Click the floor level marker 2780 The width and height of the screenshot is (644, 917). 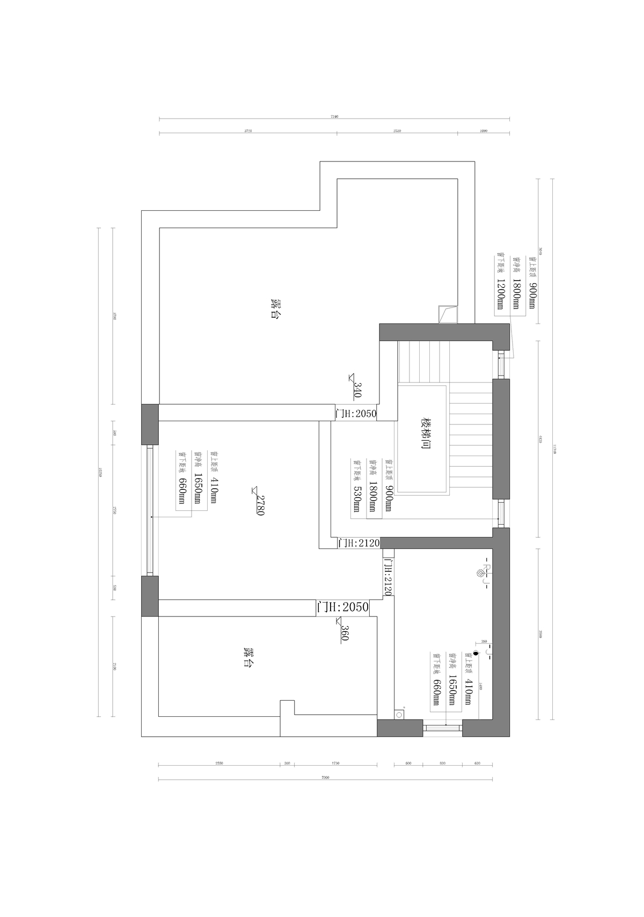[259, 504]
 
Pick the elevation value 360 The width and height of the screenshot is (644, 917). [344, 633]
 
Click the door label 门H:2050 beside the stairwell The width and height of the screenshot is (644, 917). [356, 414]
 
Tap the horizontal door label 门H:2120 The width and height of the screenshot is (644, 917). [358, 543]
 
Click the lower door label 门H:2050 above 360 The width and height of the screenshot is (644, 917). [342, 607]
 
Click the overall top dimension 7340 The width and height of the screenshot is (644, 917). [334, 116]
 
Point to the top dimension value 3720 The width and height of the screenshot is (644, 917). [247, 130]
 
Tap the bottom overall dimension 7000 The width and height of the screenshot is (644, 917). [324, 777]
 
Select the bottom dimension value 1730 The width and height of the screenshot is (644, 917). [335, 762]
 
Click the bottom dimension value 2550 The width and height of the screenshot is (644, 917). [219, 762]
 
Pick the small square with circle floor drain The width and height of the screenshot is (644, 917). [399, 714]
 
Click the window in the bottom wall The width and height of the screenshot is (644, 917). [442, 727]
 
